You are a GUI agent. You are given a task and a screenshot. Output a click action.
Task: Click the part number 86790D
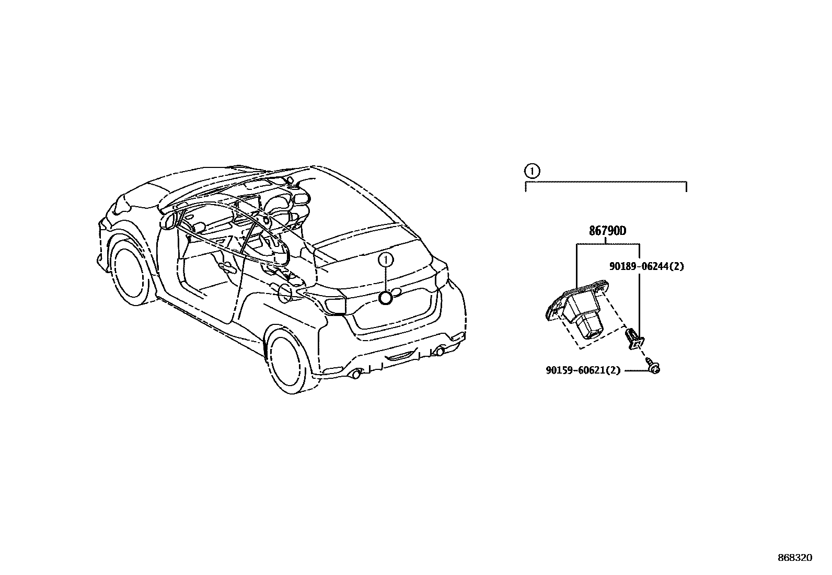click(x=607, y=231)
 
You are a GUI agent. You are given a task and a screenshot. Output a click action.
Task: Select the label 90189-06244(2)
click(x=646, y=266)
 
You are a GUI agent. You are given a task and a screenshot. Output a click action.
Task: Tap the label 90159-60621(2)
click(x=583, y=370)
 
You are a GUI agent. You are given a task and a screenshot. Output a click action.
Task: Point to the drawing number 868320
click(x=795, y=558)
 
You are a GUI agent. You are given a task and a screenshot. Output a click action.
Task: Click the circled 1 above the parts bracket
click(x=531, y=170)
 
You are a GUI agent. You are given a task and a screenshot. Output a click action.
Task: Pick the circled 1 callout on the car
click(x=386, y=260)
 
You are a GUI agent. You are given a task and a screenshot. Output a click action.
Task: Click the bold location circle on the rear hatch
click(x=386, y=298)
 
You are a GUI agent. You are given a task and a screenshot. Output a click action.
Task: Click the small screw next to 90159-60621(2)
click(x=653, y=368)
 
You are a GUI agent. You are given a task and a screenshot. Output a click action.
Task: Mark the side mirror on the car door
click(x=169, y=220)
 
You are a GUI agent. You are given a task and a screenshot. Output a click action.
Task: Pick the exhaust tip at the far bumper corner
click(x=441, y=352)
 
